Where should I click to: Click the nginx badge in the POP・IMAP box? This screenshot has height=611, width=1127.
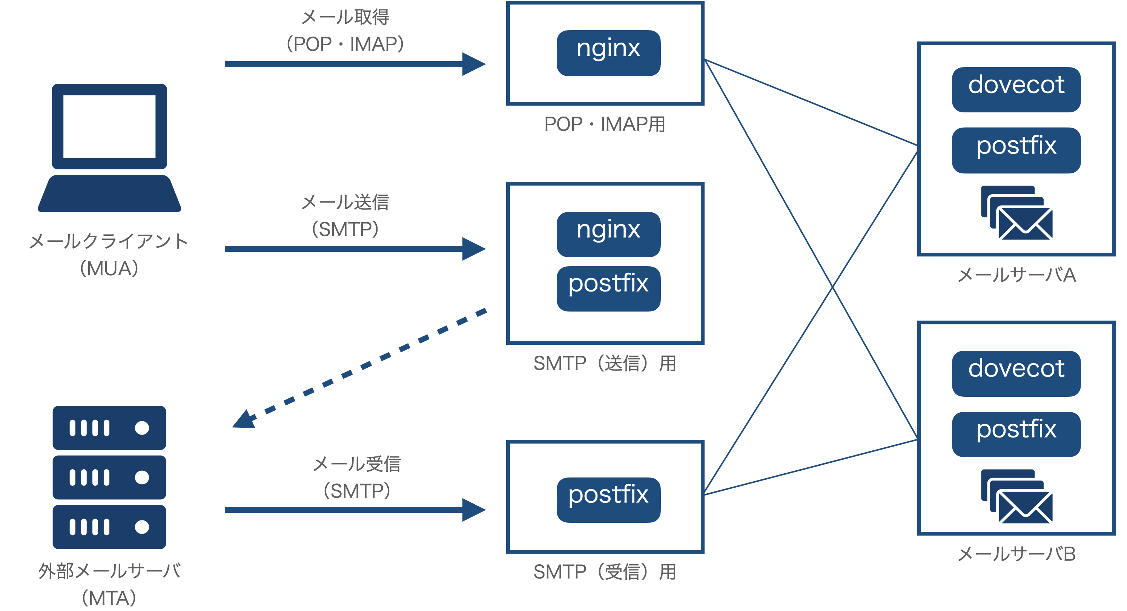[608, 53]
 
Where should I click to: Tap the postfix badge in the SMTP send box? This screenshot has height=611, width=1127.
[608, 289]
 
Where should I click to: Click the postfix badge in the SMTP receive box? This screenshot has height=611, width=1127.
[608, 499]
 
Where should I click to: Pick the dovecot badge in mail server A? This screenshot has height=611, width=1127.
[1016, 90]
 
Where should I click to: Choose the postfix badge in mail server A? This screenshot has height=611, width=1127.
[1016, 150]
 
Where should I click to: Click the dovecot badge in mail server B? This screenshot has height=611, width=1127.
[1016, 373]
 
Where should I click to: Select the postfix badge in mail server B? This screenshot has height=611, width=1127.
[1016, 434]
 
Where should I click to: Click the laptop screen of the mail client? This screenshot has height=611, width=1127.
[109, 126]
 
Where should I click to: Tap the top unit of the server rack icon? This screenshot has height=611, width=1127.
[109, 428]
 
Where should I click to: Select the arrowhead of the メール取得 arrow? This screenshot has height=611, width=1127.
[474, 64]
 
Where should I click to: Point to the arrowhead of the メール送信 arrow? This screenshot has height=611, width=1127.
[474, 249]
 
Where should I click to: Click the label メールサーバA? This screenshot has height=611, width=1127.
[1016, 275]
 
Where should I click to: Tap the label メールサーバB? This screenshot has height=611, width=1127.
[1016, 554]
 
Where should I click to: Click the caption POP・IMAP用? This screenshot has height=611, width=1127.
[605, 124]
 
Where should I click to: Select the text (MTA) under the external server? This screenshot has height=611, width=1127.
[109, 598]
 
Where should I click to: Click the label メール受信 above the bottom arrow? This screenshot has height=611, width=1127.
[356, 464]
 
